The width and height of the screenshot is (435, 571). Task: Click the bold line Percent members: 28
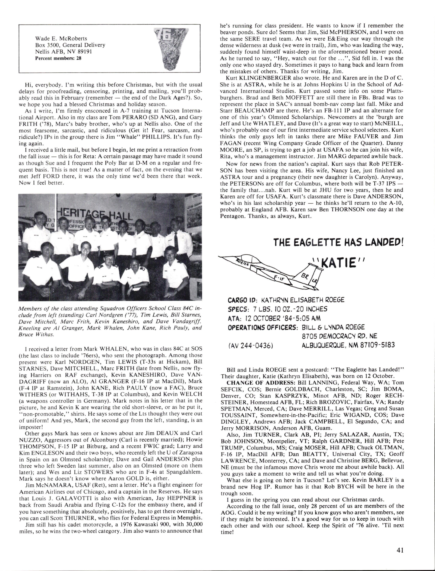(x=58, y=58)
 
